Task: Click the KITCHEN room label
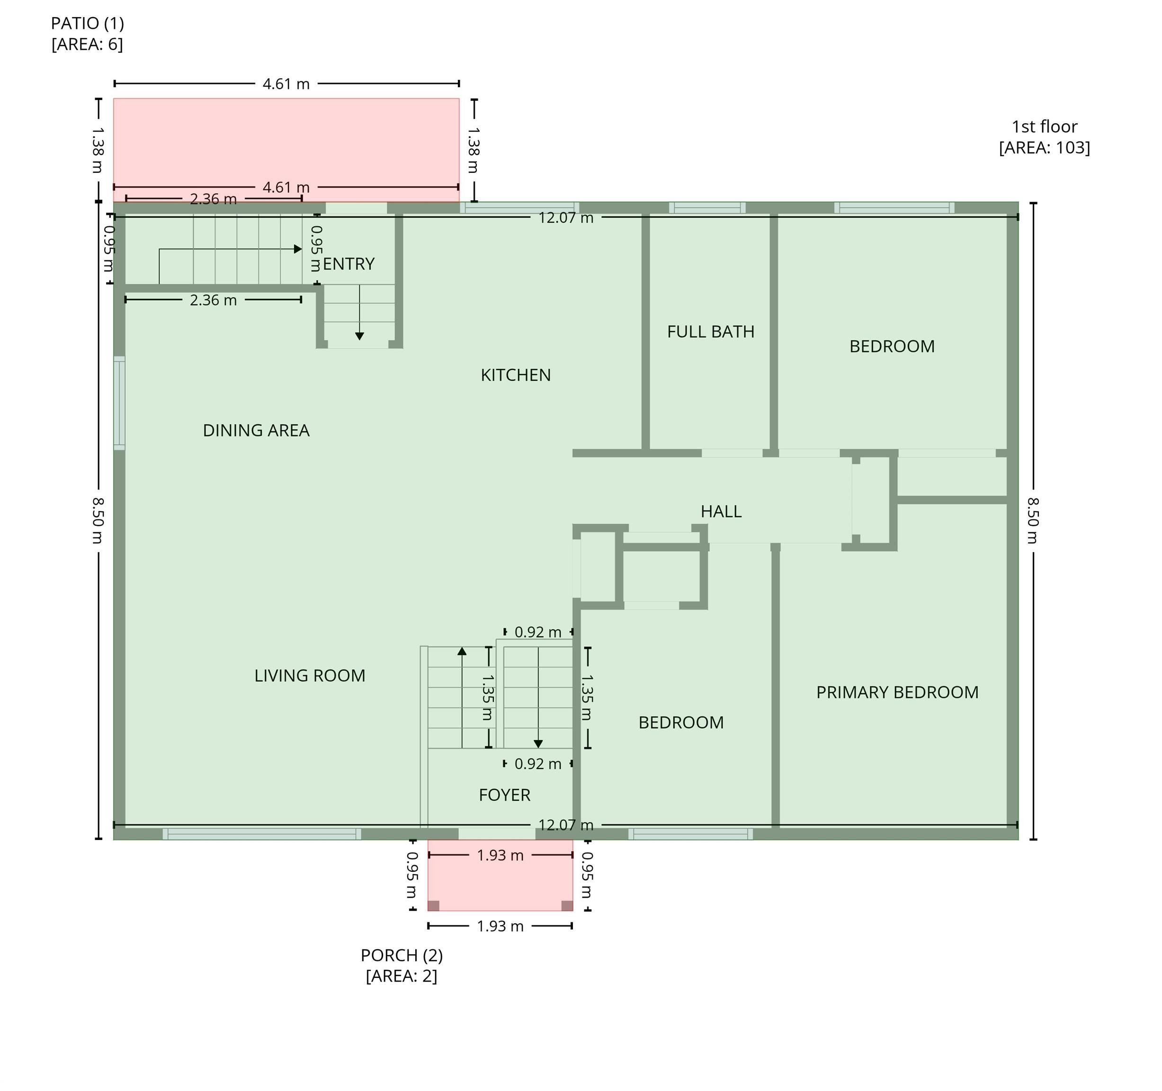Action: (x=516, y=375)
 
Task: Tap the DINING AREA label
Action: (x=256, y=430)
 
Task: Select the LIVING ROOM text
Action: (x=310, y=676)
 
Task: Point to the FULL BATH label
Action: (x=711, y=331)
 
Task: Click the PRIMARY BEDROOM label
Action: (x=897, y=692)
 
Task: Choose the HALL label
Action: (x=721, y=511)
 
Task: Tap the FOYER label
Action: (x=504, y=795)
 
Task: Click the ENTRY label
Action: (x=349, y=264)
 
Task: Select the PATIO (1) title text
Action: (x=88, y=23)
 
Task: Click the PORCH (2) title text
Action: (x=402, y=956)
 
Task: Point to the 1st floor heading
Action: (x=1045, y=126)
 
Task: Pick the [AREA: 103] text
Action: (x=1045, y=147)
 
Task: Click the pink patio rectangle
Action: (x=286, y=140)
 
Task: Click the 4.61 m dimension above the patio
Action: (x=286, y=84)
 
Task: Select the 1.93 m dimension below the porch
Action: (x=501, y=926)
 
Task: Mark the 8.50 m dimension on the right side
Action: (x=1033, y=520)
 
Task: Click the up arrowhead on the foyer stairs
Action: (x=462, y=651)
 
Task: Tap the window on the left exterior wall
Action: (x=119, y=403)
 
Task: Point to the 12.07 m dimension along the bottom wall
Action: (x=566, y=825)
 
